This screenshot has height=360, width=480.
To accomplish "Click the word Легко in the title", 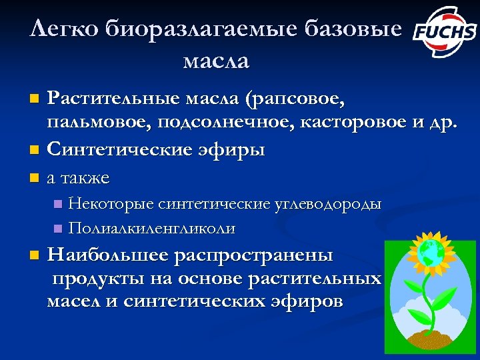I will tap(58, 29).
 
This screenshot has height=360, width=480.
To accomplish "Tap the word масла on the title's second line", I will tap(215, 62).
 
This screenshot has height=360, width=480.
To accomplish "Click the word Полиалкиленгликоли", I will tap(152, 228).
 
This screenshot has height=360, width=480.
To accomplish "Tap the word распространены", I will tap(254, 255).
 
